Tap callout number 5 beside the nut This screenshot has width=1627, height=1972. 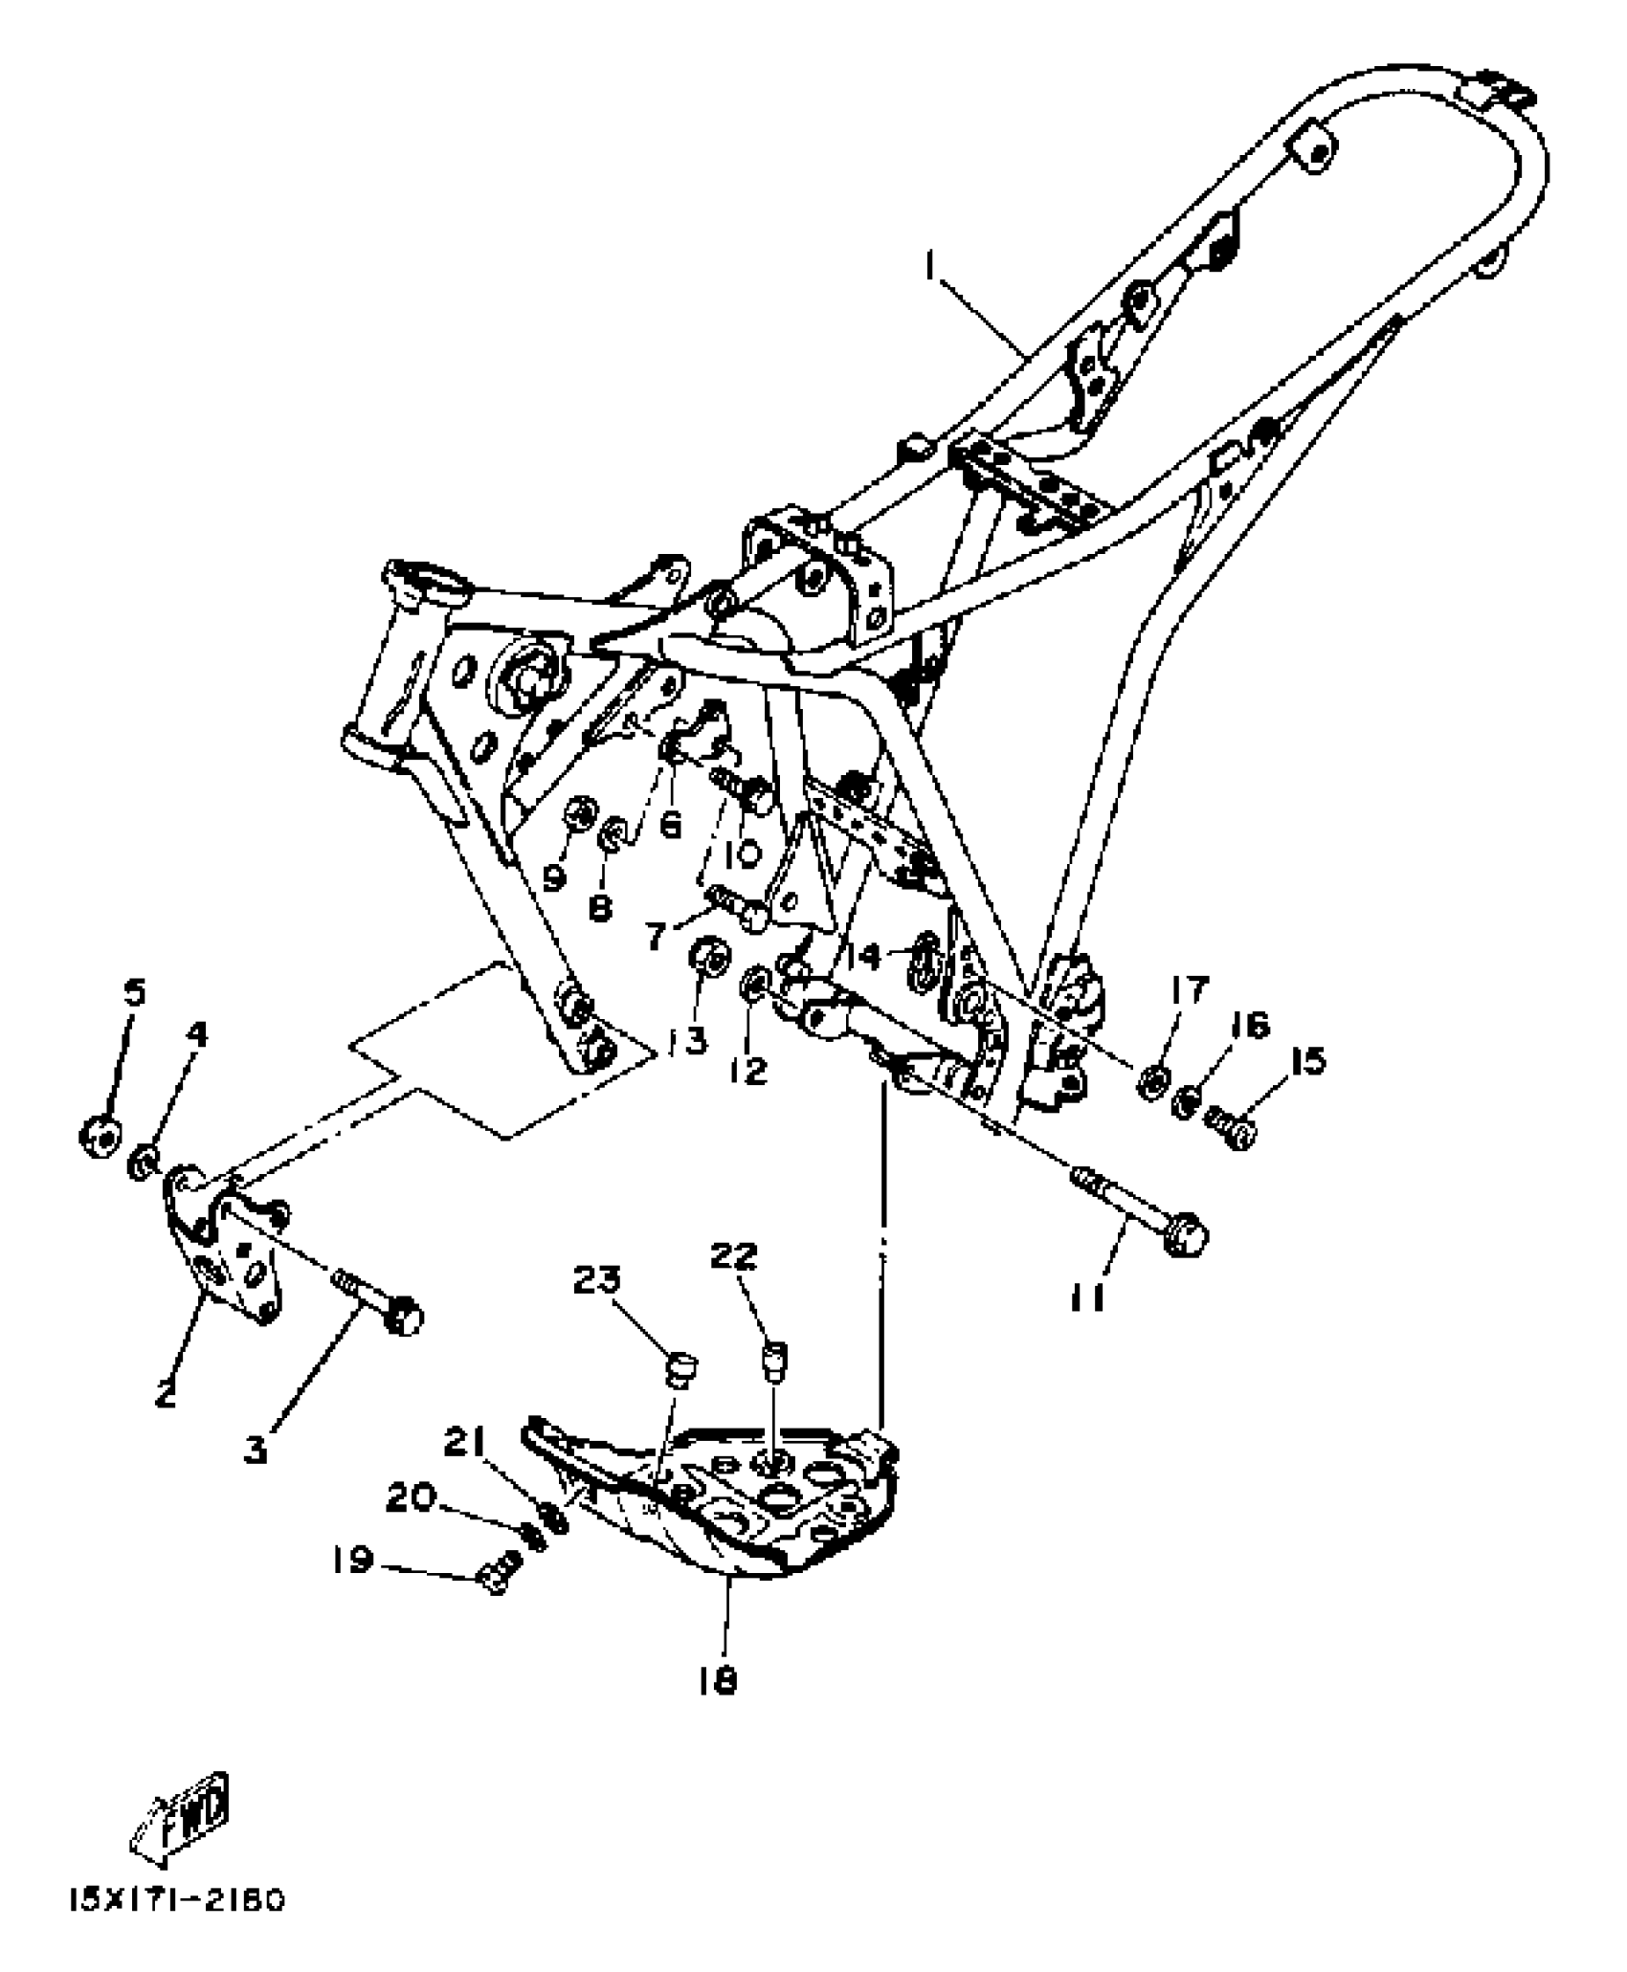(136, 993)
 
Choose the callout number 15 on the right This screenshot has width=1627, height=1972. (1307, 1061)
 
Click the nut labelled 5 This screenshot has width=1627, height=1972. (100, 1135)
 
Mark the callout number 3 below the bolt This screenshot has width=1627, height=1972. (255, 1451)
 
